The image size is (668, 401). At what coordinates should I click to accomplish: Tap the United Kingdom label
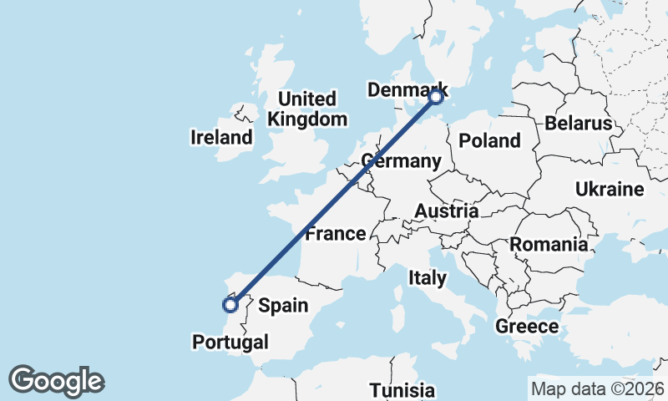[307, 109]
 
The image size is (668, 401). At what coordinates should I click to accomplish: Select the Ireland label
[221, 137]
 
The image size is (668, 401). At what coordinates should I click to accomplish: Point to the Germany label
[402, 160]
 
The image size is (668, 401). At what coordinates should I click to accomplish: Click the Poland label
[489, 141]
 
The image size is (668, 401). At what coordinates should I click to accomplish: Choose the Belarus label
[579, 124]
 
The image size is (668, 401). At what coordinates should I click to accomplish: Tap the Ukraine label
[610, 190]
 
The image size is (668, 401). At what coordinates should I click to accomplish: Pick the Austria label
[447, 211]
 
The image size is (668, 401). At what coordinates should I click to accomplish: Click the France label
[336, 233]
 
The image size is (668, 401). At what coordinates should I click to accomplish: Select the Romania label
[549, 245]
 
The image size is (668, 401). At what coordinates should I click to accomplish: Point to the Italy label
[428, 277]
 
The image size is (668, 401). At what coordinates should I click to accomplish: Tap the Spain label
[283, 306]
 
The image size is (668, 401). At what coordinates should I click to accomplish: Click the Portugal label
[230, 342]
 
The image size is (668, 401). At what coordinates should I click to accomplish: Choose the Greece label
[527, 326]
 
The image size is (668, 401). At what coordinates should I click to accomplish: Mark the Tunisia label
[402, 390]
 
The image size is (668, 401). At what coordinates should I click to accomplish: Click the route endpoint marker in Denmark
[435, 97]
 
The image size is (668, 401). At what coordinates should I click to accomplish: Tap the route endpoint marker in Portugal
[230, 305]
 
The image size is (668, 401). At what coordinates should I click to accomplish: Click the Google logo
[56, 381]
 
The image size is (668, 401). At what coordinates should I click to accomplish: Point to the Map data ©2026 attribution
[597, 388]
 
